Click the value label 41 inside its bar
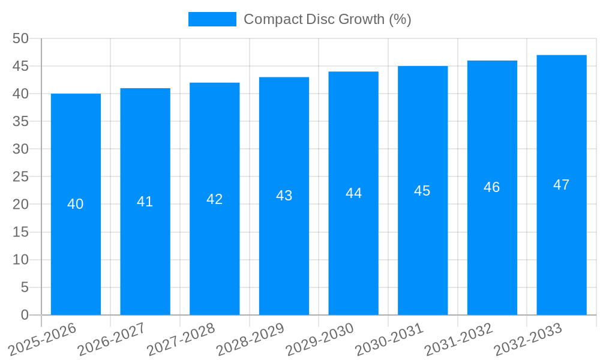(145, 202)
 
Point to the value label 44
(353, 193)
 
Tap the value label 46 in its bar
(492, 187)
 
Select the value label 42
(215, 199)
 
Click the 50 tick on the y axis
(21, 38)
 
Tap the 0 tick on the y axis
(25, 315)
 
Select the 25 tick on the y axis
(21, 177)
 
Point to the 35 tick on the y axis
(21, 122)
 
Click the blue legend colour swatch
(212, 19)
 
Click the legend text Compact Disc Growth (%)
(328, 19)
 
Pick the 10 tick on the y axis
(21, 260)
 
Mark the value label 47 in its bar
(562, 185)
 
